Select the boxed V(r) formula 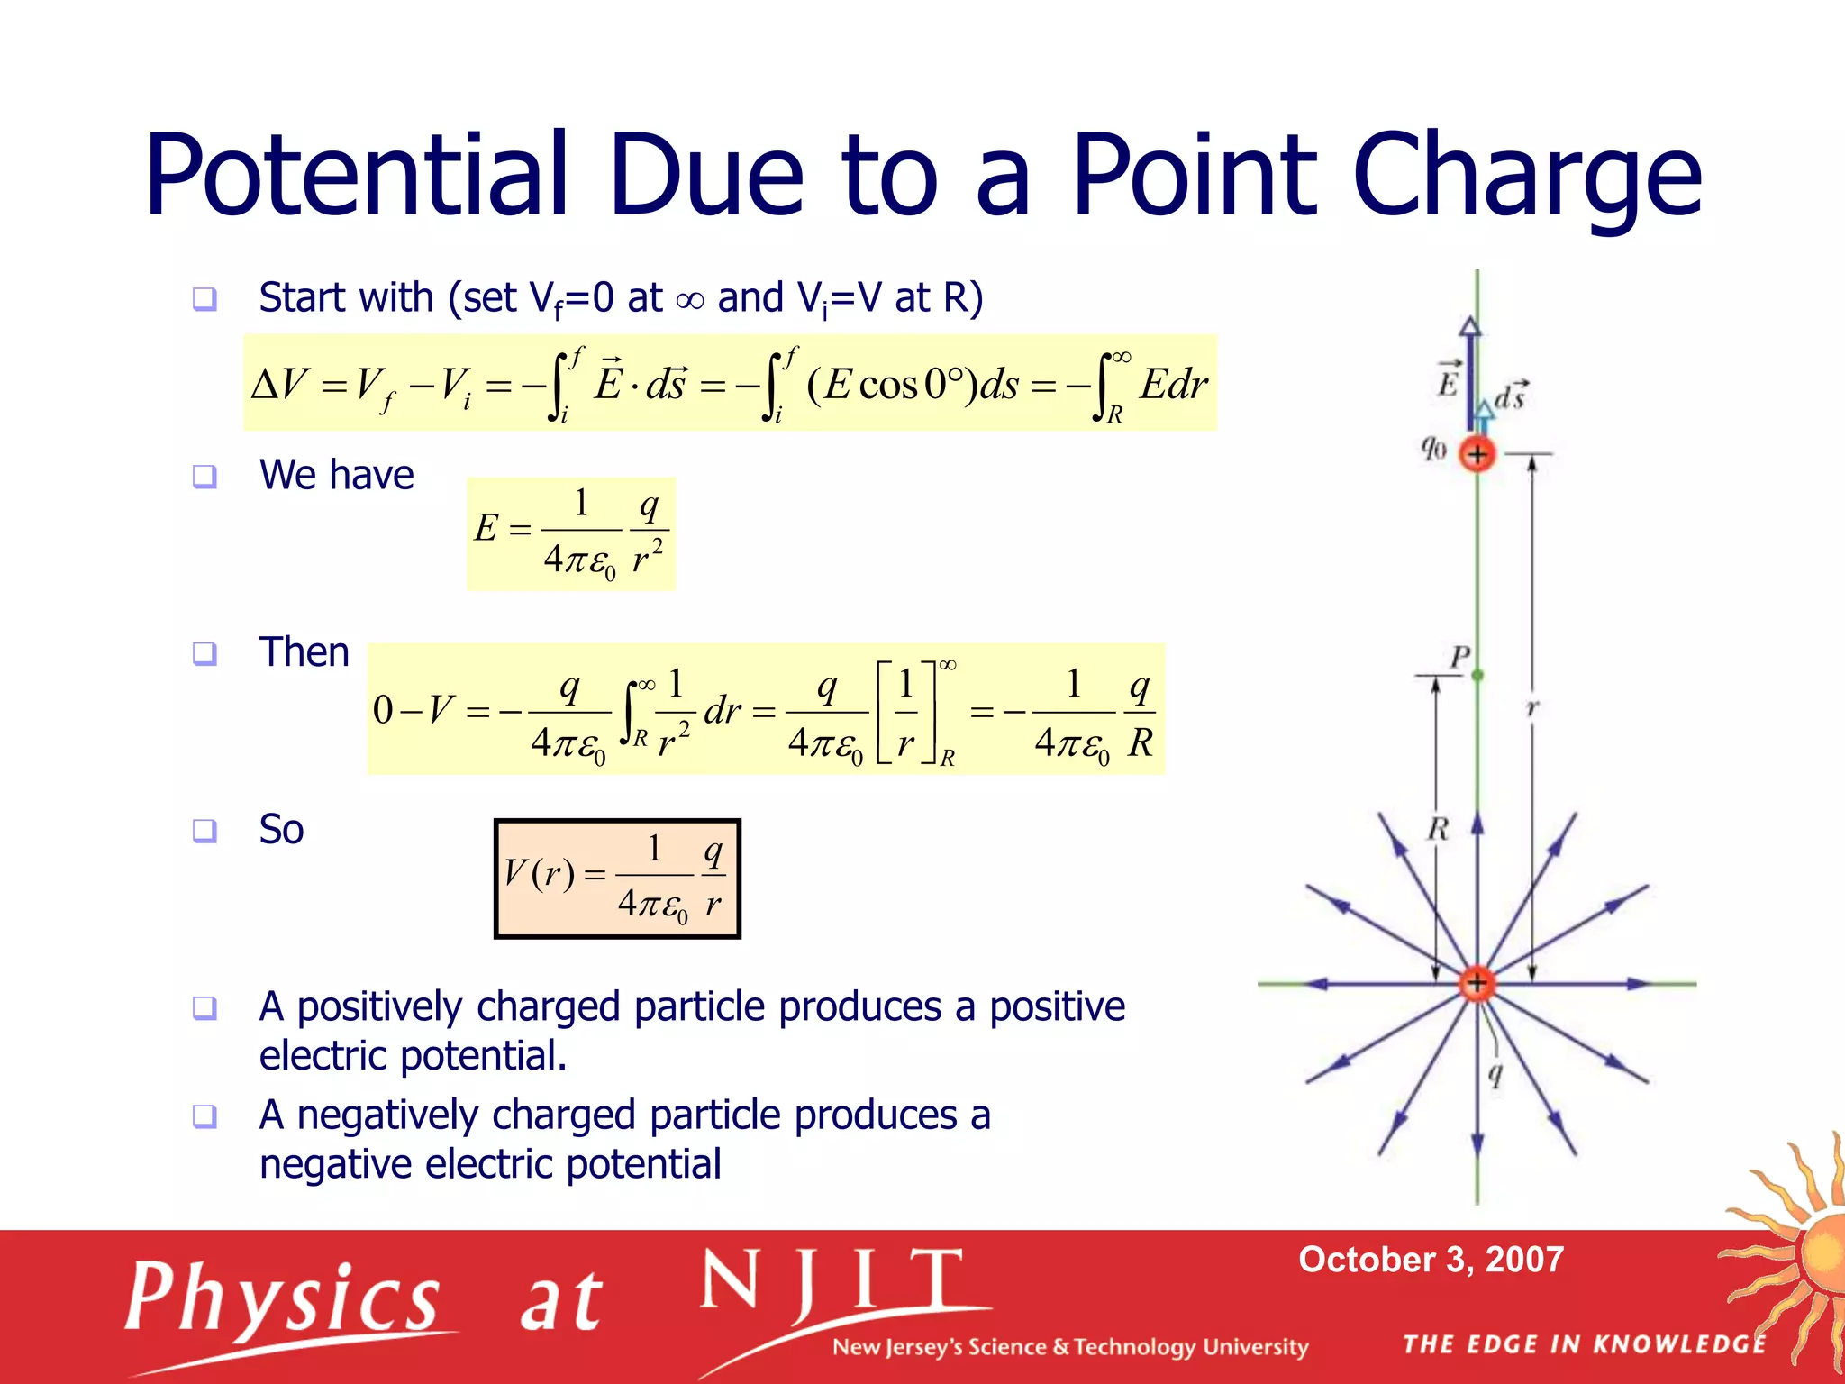pos(617,879)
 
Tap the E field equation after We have pos(571,533)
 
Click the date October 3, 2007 pos(1431,1260)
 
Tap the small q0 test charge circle pos(1477,454)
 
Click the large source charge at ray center pos(1477,983)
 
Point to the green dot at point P pos(1477,675)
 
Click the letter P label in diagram pos(1459,656)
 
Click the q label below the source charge pos(1495,1074)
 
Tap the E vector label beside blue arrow pos(1448,379)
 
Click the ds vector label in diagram pos(1511,395)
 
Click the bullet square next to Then pos(205,653)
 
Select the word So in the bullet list pos(281,829)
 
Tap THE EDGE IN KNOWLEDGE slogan pos(1584,1344)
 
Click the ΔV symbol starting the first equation pos(279,385)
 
